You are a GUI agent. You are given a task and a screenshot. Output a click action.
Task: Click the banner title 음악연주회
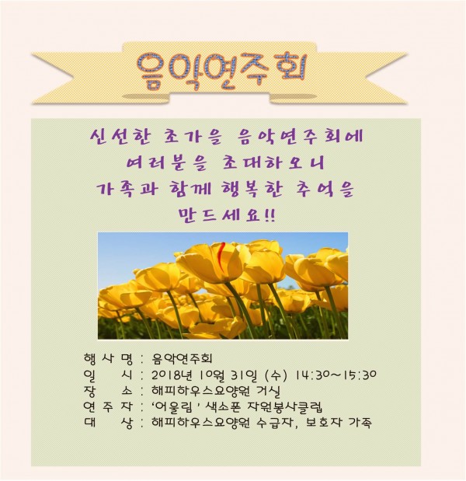221,71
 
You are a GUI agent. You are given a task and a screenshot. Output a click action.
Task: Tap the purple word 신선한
121,137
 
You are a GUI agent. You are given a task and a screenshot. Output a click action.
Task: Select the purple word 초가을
191,137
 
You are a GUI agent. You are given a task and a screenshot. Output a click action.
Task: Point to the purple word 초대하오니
273,163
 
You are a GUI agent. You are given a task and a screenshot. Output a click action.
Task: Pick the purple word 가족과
127,189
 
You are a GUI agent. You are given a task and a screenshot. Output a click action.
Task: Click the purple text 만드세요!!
227,215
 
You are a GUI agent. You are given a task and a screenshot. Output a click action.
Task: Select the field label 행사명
108,358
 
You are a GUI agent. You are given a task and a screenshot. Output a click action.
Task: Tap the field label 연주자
108,406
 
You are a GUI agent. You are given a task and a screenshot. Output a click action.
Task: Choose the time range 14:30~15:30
336,375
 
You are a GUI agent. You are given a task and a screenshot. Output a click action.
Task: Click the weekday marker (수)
276,375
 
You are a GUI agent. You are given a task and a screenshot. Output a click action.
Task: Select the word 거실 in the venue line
269,391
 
